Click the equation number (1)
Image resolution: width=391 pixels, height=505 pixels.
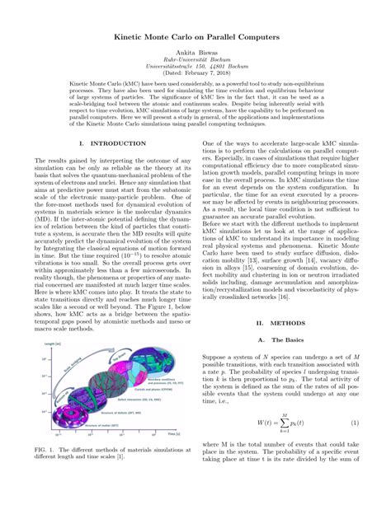pos(354,423)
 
